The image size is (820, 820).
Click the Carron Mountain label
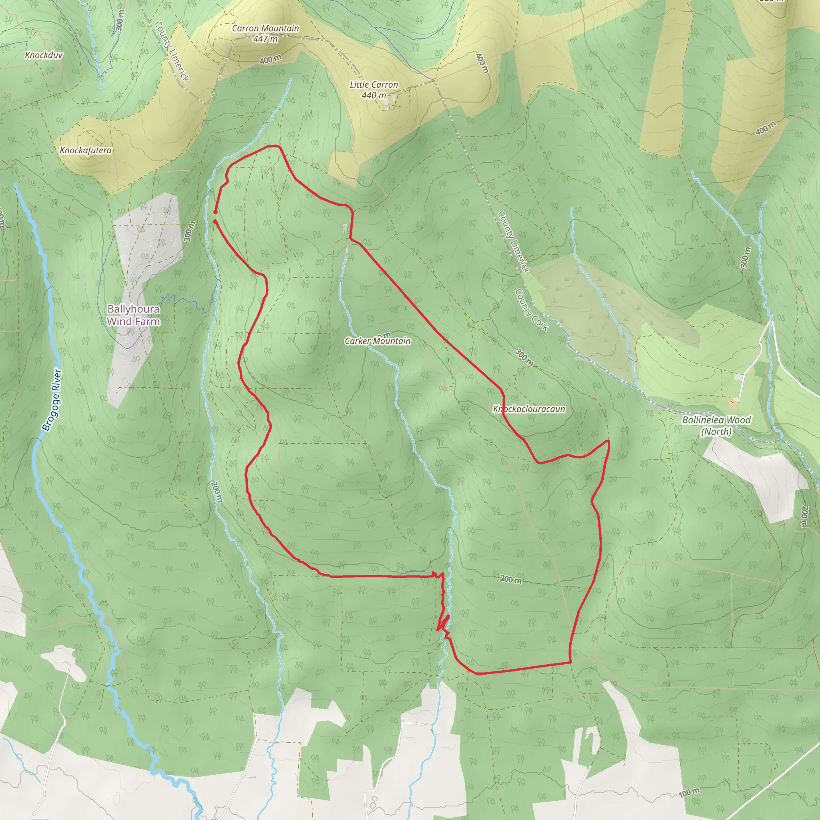pos(265,28)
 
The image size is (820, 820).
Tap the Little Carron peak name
pos(374,85)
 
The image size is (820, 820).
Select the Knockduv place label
pos(44,55)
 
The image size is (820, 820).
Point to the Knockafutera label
pos(86,150)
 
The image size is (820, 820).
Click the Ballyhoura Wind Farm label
pos(133,315)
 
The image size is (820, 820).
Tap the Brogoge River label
pos(52,400)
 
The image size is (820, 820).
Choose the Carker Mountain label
pos(377,341)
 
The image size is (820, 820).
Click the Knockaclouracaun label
pos(529,409)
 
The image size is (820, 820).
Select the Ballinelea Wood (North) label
pos(716,426)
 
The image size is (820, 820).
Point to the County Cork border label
pos(531,310)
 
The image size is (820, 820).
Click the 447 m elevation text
pos(265,39)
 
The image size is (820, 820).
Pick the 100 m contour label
pos(688,792)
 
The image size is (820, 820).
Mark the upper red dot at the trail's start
pos(215,212)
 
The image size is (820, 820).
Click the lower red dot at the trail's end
pos(215,221)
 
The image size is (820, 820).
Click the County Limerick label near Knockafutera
pos(171,51)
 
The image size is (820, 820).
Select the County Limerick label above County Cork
pos(514,242)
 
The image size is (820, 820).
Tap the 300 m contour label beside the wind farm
pos(189,231)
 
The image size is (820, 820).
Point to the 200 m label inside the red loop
pos(510,579)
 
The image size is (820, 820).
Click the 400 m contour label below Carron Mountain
pos(270,59)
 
